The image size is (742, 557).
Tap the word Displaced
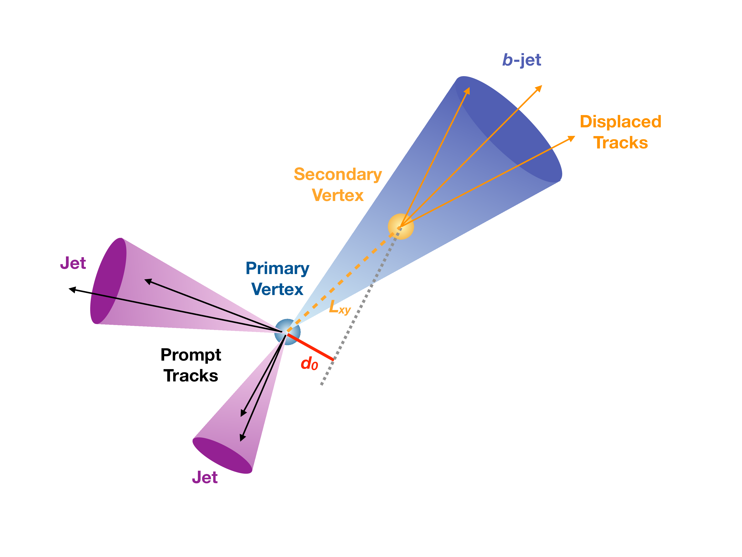620,122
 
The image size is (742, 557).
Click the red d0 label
309,363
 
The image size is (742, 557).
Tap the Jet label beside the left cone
73,263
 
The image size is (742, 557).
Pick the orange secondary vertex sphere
401,227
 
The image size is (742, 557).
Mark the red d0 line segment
310,347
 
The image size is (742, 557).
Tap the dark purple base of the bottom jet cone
222,455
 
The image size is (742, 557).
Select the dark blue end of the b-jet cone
508,129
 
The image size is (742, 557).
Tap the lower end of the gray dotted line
321,384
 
